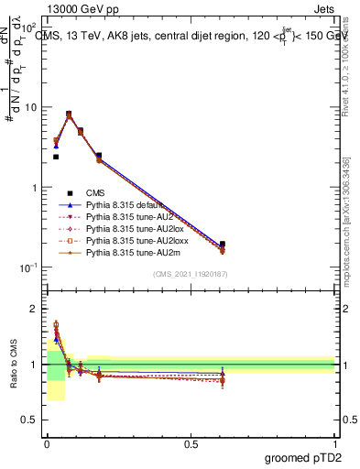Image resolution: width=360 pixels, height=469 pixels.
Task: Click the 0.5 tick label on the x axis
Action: coord(191,443)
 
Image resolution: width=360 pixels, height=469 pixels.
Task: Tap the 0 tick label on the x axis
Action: coord(47,443)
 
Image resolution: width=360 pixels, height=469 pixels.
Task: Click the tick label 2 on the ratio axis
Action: coord(35,309)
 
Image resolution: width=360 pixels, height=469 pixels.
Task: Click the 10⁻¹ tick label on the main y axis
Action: coord(28,267)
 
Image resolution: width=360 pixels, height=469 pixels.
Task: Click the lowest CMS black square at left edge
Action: coord(56,157)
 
